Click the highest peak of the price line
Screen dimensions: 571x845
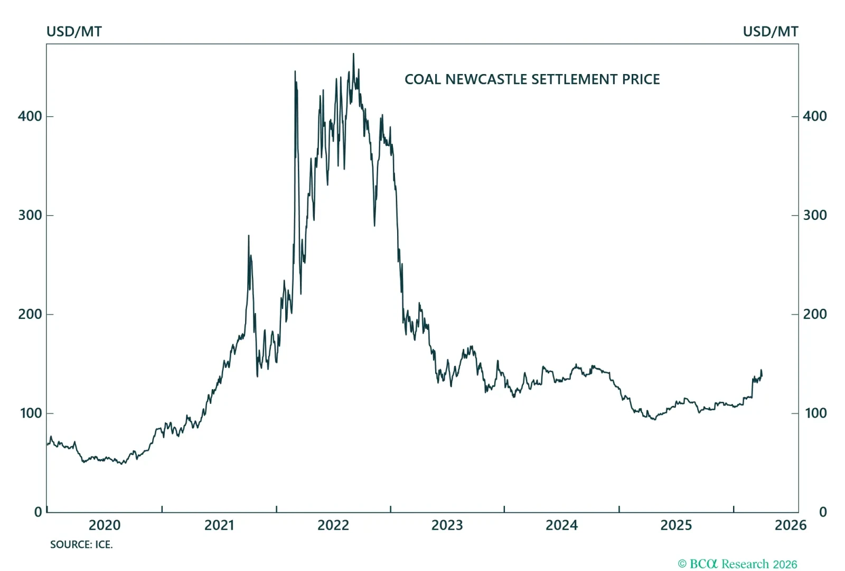[353, 54]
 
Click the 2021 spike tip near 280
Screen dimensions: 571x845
[249, 236]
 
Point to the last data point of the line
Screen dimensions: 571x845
[762, 375]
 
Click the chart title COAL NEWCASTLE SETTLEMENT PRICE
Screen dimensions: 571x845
[532, 79]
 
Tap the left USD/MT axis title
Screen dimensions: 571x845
[74, 32]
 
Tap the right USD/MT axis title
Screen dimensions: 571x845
[770, 32]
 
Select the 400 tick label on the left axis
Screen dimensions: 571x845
[30, 116]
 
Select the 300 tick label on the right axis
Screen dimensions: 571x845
[814, 215]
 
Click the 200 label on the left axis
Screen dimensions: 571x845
[30, 314]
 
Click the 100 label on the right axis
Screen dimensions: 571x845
[815, 413]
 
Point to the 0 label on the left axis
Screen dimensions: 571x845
[38, 512]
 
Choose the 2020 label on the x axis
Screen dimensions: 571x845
[105, 525]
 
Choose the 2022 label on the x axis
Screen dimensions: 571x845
[333, 525]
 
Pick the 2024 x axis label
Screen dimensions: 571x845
[561, 525]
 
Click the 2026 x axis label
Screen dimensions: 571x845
[790, 525]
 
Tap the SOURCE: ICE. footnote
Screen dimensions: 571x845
[81, 545]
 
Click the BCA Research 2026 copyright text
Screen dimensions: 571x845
[737, 564]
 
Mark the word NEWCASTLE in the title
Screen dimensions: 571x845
[486, 79]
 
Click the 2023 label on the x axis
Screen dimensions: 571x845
[447, 525]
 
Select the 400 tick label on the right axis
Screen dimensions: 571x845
[814, 116]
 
